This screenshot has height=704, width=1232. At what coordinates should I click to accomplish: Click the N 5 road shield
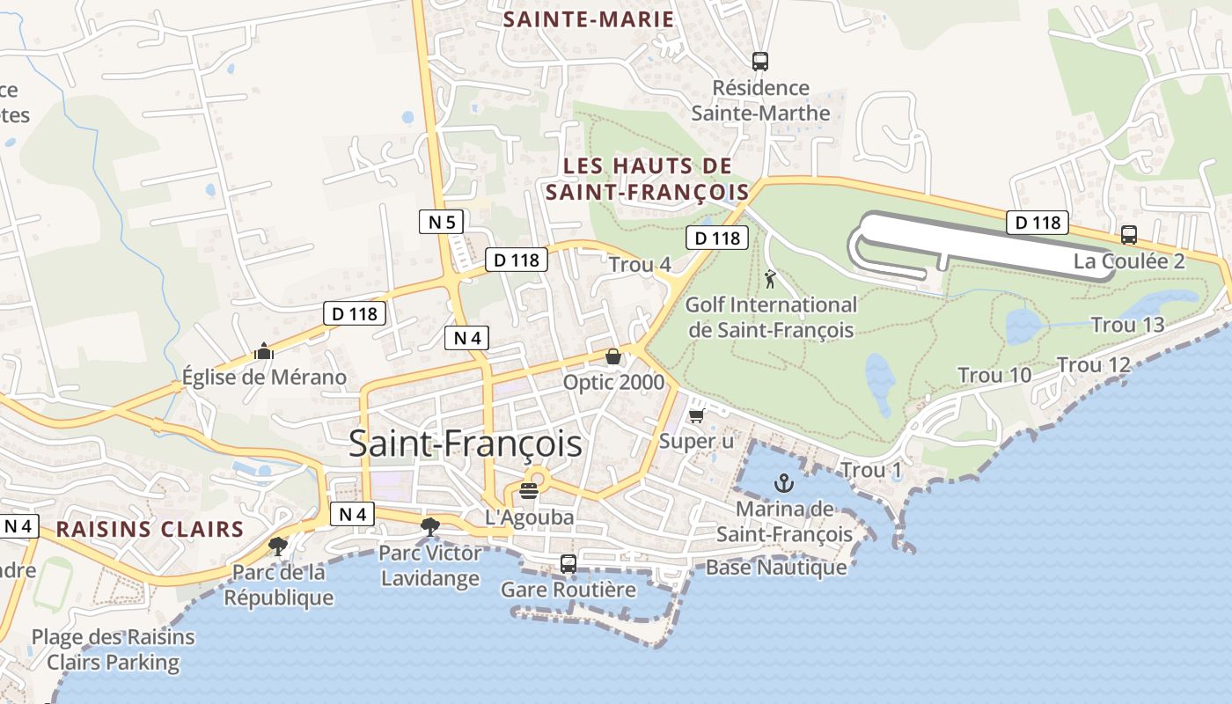click(x=442, y=222)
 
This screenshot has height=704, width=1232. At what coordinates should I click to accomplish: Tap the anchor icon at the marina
click(x=783, y=483)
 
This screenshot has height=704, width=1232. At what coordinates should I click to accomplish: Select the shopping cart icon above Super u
click(x=696, y=415)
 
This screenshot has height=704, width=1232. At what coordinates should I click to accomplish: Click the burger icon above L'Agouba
click(x=529, y=491)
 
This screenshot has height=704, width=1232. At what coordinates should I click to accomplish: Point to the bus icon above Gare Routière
click(x=568, y=563)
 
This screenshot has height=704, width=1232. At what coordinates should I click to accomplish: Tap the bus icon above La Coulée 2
click(x=1128, y=235)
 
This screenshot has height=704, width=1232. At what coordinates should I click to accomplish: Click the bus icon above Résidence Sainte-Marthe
click(x=760, y=62)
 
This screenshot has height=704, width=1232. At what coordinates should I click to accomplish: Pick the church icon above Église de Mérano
click(x=263, y=352)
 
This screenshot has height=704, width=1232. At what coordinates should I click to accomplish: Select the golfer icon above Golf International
click(x=771, y=279)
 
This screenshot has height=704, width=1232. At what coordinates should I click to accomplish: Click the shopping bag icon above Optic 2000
click(x=613, y=356)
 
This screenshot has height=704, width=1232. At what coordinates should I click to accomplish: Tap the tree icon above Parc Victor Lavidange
click(x=429, y=527)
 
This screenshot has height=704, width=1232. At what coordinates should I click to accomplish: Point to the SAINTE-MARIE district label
click(x=589, y=20)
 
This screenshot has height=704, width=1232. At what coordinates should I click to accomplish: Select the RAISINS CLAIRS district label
click(x=150, y=529)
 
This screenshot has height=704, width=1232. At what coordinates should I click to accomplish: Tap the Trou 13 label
click(x=1127, y=325)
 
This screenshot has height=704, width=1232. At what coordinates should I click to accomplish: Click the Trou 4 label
click(x=640, y=265)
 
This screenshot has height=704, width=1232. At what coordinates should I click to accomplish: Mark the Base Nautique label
click(x=776, y=568)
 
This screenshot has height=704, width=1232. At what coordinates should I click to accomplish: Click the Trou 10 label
click(x=994, y=376)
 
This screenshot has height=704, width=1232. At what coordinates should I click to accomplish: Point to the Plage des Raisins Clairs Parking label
click(x=113, y=649)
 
